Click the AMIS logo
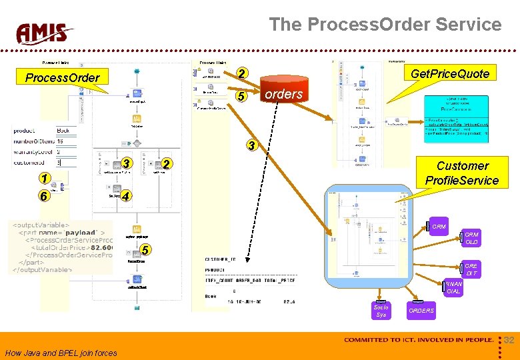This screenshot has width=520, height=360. click(x=45, y=33)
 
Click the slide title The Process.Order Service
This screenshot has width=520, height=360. click(x=385, y=25)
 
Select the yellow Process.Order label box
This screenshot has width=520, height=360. click(x=62, y=77)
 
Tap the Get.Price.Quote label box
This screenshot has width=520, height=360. click(x=450, y=73)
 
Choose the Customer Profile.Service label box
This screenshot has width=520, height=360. click(x=462, y=173)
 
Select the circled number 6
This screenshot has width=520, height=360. click(x=43, y=197)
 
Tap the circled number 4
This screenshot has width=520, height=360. click(x=127, y=197)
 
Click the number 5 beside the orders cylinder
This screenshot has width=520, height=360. click(x=243, y=97)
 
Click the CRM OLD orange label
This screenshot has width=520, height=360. click(x=471, y=239)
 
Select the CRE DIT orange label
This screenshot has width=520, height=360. click(x=471, y=269)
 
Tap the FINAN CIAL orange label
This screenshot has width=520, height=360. click(x=453, y=287)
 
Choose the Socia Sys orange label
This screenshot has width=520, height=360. click(x=381, y=311)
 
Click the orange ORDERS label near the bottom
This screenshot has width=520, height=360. click(x=421, y=311)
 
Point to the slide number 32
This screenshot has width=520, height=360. click(x=509, y=340)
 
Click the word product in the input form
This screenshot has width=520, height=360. click(x=24, y=131)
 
